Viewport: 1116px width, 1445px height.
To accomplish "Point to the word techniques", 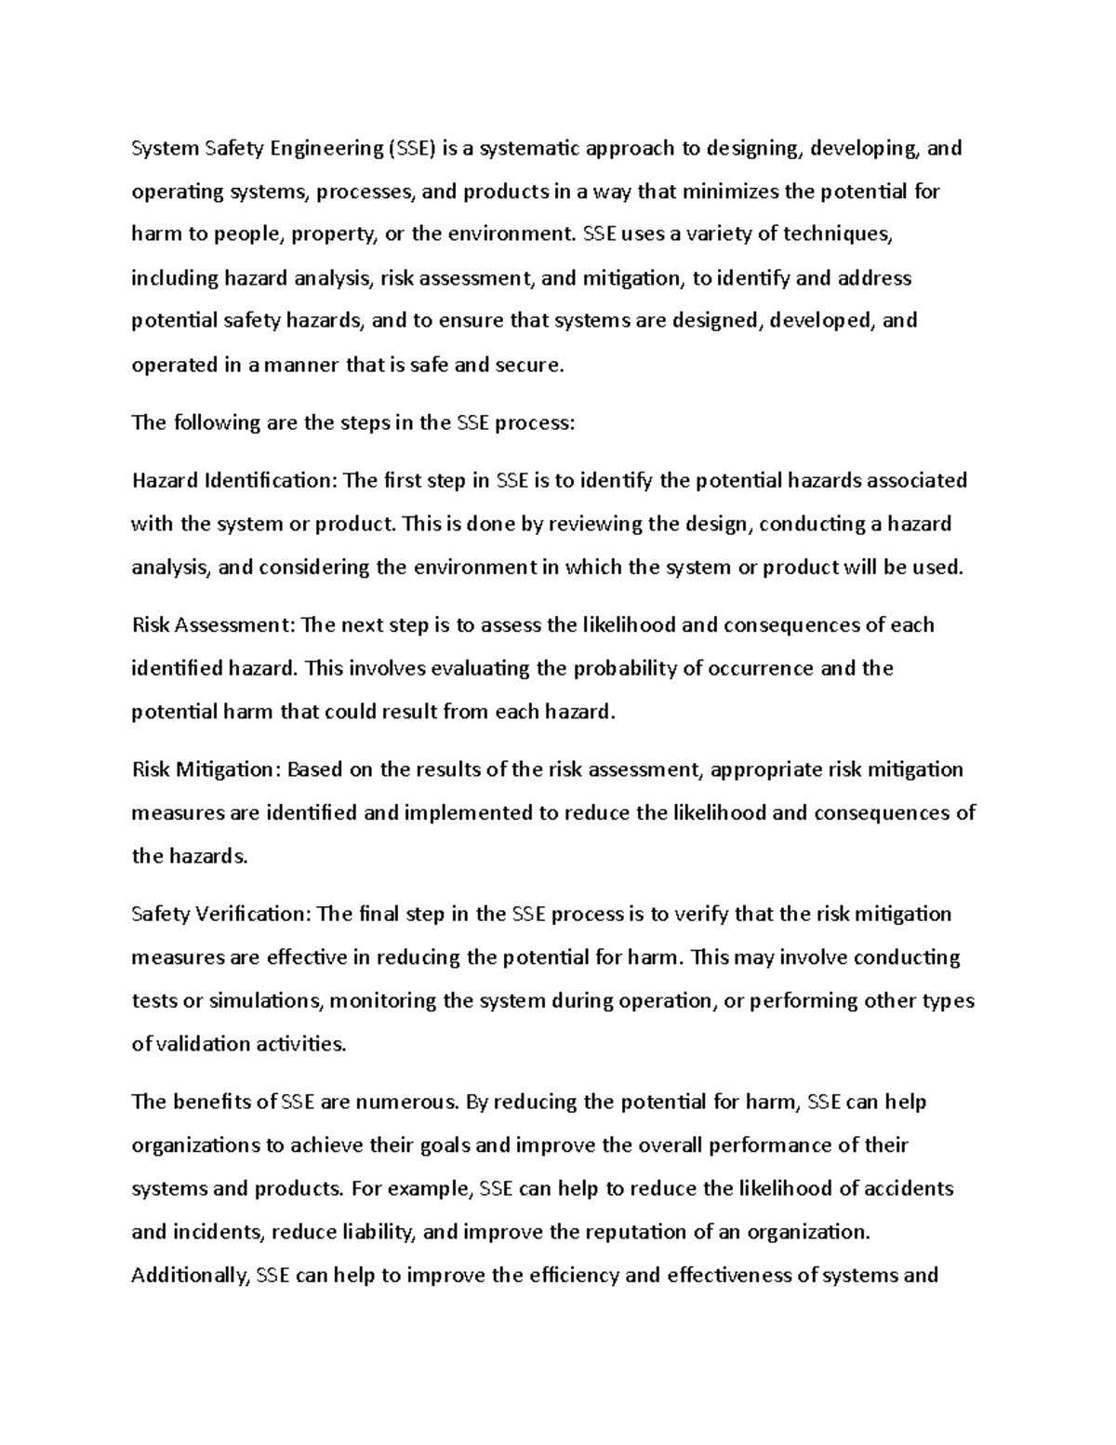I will coord(836,234).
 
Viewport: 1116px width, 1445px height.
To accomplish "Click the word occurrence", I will coord(759,668).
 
